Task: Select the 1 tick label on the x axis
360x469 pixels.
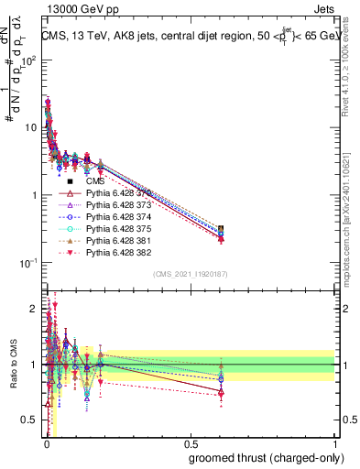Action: (x=334, y=443)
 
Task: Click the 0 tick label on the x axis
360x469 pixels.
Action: (x=46, y=443)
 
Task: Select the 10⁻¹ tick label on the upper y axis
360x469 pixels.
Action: (x=28, y=263)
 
